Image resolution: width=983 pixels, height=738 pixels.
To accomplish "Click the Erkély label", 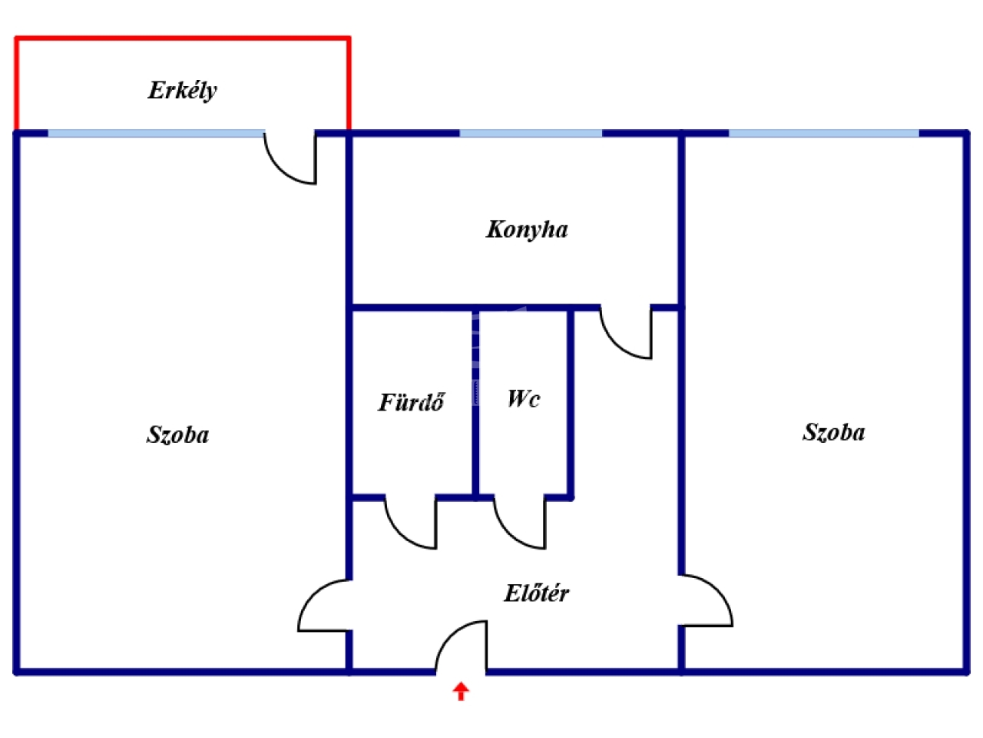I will [x=182, y=91].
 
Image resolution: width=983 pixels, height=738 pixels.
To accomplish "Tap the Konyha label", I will [x=527, y=229].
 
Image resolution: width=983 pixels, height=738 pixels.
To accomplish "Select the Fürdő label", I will [x=411, y=402].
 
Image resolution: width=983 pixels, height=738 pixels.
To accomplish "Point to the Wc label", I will [x=523, y=398].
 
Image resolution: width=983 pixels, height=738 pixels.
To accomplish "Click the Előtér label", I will [x=536, y=593].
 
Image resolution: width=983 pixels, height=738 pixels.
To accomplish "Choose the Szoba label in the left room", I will [x=177, y=435].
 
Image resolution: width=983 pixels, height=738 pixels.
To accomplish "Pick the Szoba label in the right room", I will [x=833, y=432].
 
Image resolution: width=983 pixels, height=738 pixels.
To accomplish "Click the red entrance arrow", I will [x=460, y=691].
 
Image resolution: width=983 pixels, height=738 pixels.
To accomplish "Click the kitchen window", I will [x=531, y=134].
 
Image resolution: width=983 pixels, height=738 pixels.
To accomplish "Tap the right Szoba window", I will [x=823, y=134].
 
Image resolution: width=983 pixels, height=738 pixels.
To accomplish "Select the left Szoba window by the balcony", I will [x=156, y=134].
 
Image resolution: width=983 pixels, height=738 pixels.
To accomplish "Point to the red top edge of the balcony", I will [x=182, y=38].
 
